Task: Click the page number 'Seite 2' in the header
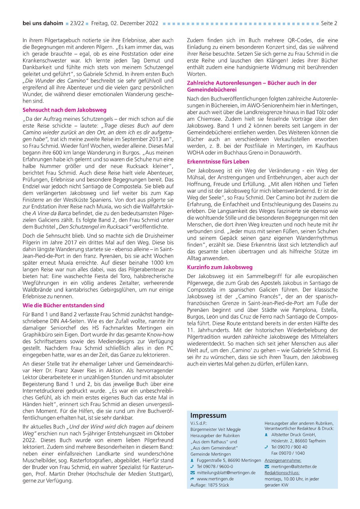tap(329, 23)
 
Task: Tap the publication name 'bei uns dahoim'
tap(43, 23)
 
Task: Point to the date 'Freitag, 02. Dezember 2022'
tap(124, 23)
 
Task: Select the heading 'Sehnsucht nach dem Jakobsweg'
tap(64, 110)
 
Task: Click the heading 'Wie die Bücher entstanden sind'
tap(63, 305)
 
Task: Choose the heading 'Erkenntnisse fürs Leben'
tap(218, 162)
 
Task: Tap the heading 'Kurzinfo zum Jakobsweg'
tap(220, 267)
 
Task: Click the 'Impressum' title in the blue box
tap(208, 416)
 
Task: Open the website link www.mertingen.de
tap(215, 479)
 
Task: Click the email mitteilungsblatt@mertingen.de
tap(226, 472)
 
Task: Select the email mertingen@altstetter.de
tap(294, 466)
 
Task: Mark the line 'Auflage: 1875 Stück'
tap(210, 485)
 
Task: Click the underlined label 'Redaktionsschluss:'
tap(282, 473)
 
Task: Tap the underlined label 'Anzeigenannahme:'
tap(283, 460)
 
